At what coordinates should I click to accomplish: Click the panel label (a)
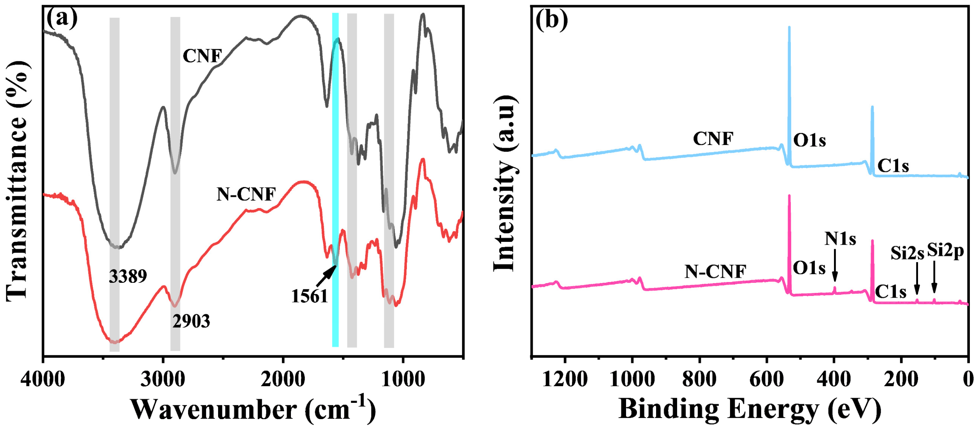pos(62,18)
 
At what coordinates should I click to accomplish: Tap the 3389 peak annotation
pos(128,276)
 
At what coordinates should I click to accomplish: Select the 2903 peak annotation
pos(191,322)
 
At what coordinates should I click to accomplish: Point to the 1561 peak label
pos(309,296)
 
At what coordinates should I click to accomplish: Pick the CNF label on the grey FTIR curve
pos(202,56)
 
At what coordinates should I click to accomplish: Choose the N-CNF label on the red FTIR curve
pos(246,194)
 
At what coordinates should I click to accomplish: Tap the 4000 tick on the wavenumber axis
pos(43,379)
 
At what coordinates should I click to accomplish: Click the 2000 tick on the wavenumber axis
pos(283,379)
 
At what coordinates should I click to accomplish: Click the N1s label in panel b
pos(840,239)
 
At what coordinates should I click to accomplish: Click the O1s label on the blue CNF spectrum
pos(809,140)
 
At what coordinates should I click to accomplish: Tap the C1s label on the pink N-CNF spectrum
pos(891,292)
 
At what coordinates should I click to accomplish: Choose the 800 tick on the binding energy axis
pos(699,379)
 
